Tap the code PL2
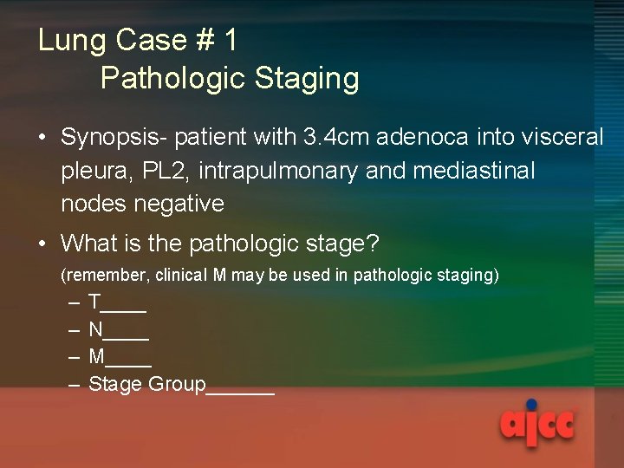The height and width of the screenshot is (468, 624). pos(166,171)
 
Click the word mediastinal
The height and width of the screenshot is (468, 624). pos(474,171)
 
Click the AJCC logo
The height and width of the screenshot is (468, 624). pos(537,423)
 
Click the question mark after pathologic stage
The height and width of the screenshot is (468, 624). pos(373,244)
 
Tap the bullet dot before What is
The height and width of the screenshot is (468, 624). pos(42,244)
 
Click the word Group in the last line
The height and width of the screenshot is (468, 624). pos(177,385)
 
